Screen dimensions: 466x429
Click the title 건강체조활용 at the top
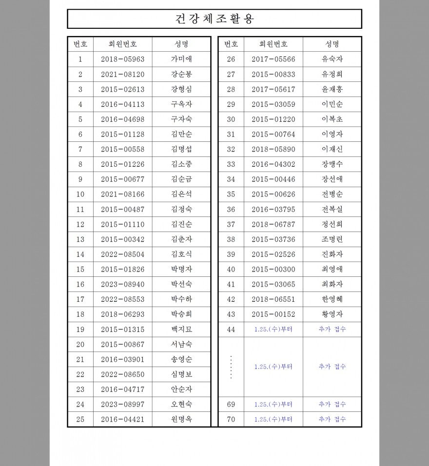214,19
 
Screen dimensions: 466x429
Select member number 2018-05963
123,59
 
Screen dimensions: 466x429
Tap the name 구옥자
181,104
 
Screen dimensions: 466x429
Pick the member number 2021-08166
123,194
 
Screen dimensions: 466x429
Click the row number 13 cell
80,239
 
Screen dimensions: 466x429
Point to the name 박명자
181,270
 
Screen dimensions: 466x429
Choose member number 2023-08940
123,285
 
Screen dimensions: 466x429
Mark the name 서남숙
181,345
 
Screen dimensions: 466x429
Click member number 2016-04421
123,420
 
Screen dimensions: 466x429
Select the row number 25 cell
80,420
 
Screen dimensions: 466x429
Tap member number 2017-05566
273,59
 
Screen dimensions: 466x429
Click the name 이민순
332,104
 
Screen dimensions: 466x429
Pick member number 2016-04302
273,165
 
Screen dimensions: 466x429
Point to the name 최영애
332,270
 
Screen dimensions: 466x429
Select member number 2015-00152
273,314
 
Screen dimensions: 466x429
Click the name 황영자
332,314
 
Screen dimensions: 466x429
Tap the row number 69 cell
231,405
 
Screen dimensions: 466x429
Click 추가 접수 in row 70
332,420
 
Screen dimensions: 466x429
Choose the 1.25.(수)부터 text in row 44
273,330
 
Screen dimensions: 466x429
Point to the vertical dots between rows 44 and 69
231,367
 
